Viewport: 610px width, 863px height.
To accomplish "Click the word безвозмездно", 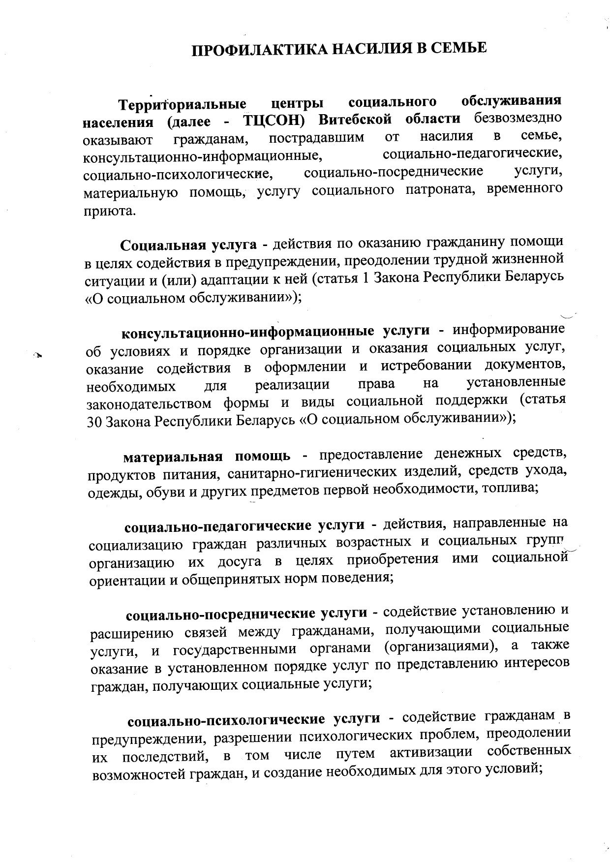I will pyautogui.click(x=518, y=119).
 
